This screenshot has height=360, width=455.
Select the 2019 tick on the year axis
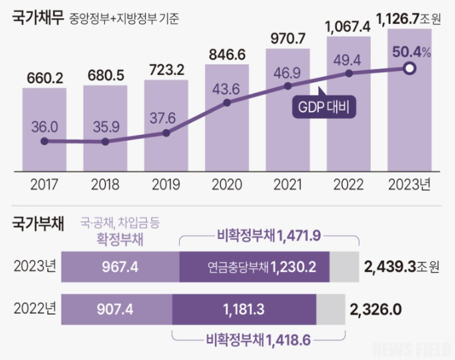[166, 183]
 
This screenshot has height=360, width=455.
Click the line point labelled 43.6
[227, 102]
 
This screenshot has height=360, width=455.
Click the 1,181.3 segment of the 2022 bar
[244, 309]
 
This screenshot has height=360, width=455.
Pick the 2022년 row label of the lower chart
[35, 309]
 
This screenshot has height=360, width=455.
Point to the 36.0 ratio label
[45, 126]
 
